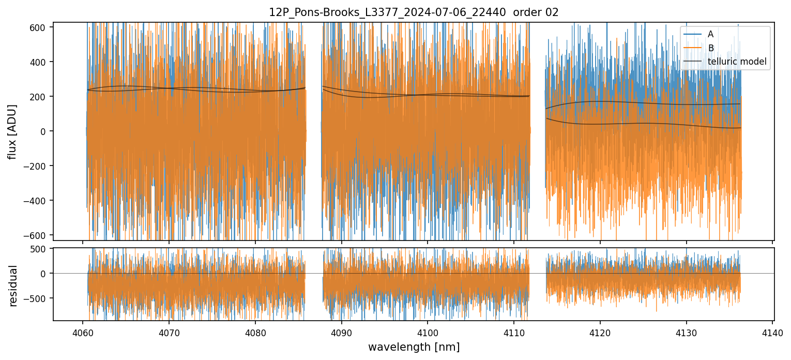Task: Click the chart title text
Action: [414, 12]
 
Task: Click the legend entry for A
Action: [710, 34]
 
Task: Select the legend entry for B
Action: [710, 48]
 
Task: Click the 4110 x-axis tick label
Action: [514, 332]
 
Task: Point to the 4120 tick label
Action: [600, 332]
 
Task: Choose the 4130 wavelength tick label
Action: [687, 332]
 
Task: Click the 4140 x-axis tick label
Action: [772, 332]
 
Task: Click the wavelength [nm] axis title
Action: [414, 347]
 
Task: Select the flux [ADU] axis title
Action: [12, 131]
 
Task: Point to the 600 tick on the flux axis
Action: [40, 27]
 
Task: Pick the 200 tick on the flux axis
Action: [40, 97]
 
